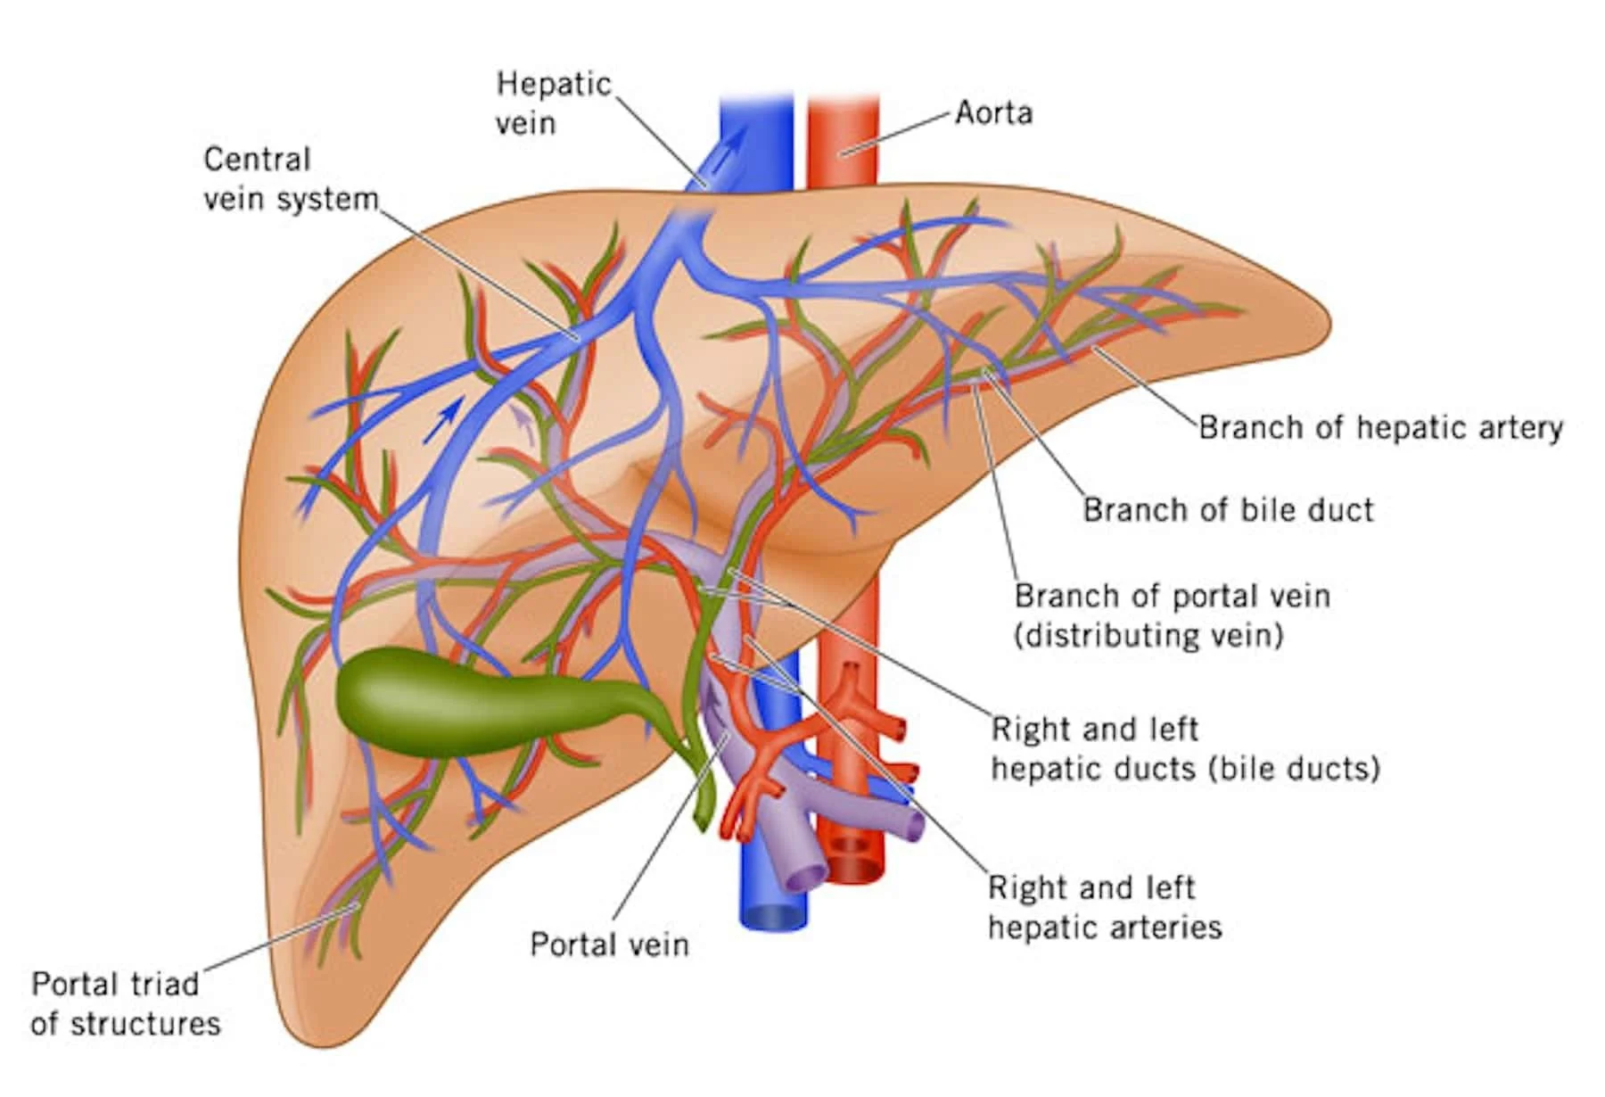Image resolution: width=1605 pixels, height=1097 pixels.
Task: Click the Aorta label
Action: point(993,113)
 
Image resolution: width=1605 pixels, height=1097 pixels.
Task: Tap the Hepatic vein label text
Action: point(553,103)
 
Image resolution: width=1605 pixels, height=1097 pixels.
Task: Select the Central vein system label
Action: point(291,178)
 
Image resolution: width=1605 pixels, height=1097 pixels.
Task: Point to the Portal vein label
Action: point(609,944)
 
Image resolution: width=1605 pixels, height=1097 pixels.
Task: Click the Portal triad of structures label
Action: point(125,1003)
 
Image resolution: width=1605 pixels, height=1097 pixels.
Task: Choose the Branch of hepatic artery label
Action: point(1379,428)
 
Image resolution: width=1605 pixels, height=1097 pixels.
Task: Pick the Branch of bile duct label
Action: point(1228,510)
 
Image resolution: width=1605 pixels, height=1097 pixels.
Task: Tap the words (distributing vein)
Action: point(1148,636)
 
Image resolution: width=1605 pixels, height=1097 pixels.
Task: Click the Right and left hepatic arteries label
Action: point(1104,907)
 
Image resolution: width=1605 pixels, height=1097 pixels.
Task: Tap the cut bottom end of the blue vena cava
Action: point(773,916)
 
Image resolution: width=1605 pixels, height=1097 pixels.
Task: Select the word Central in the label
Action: point(257,160)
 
